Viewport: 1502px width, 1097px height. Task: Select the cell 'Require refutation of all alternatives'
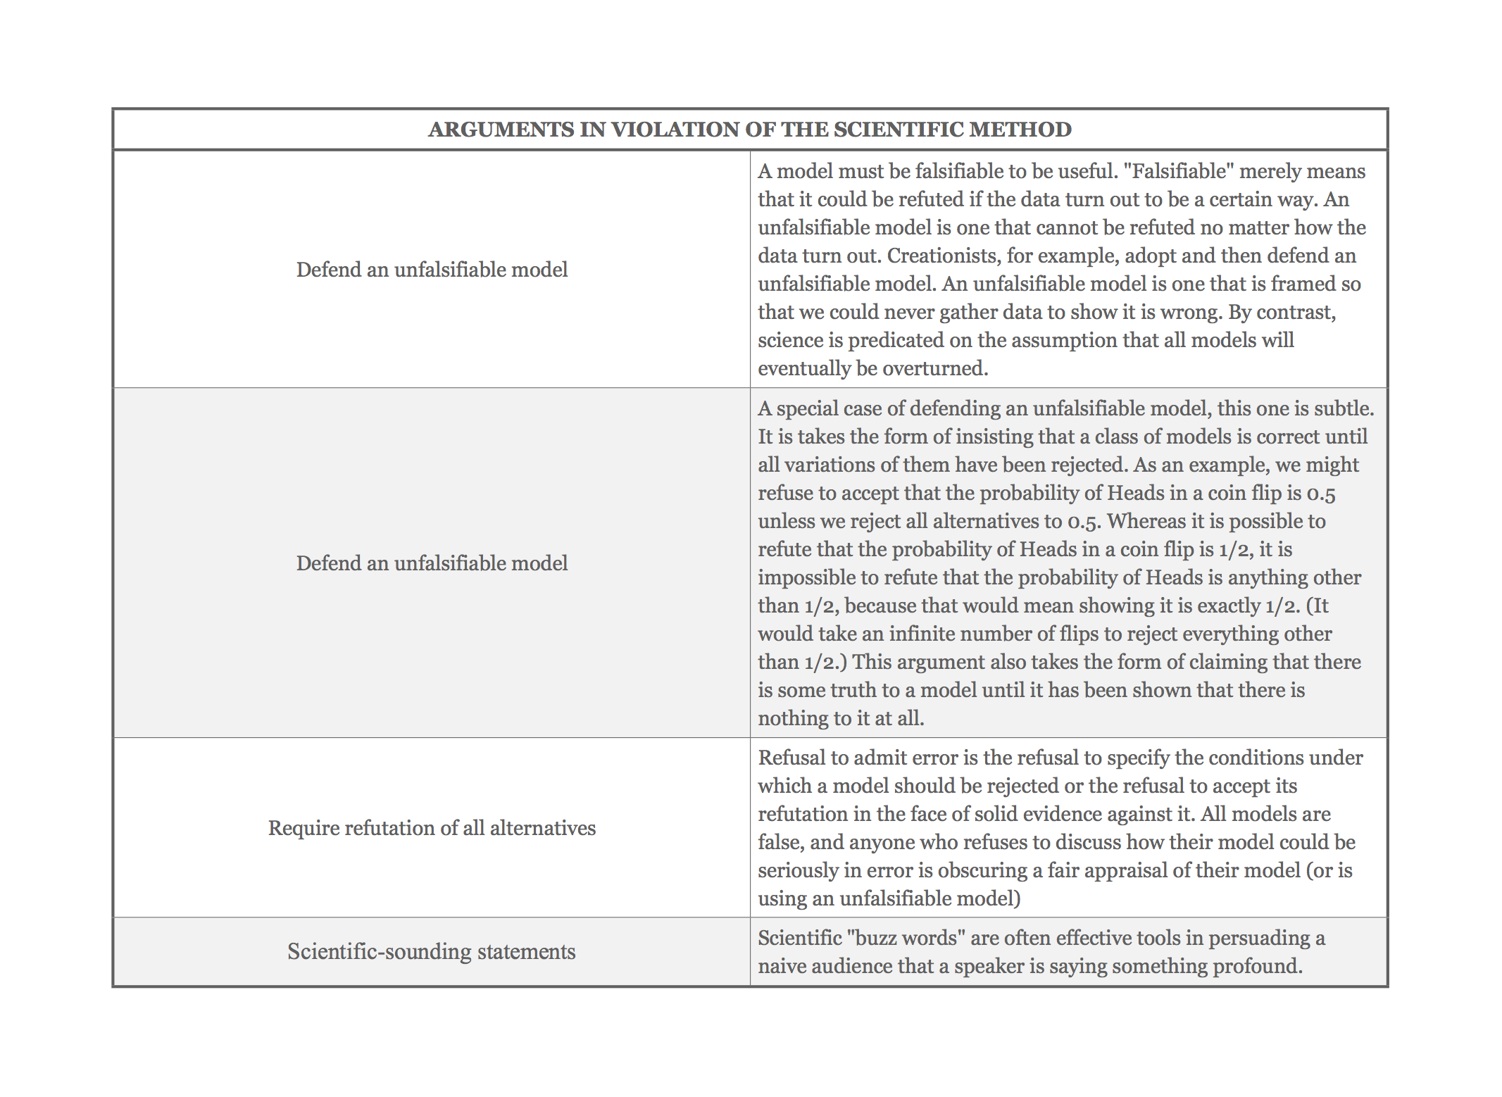(x=432, y=828)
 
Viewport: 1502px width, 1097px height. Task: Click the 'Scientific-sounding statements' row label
(x=431, y=952)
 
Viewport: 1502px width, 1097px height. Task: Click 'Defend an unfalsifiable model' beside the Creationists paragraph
(x=432, y=270)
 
